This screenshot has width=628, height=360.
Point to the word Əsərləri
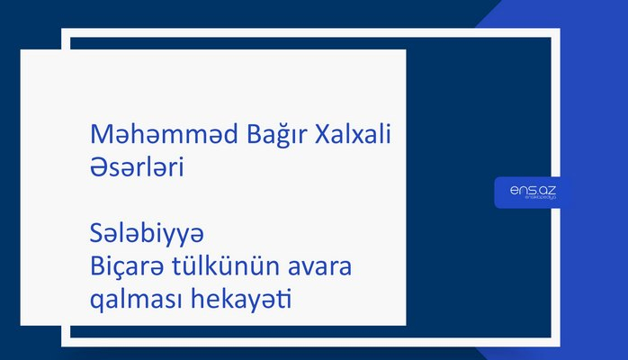[x=137, y=167]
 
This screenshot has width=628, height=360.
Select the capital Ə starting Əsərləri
[x=100, y=167]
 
